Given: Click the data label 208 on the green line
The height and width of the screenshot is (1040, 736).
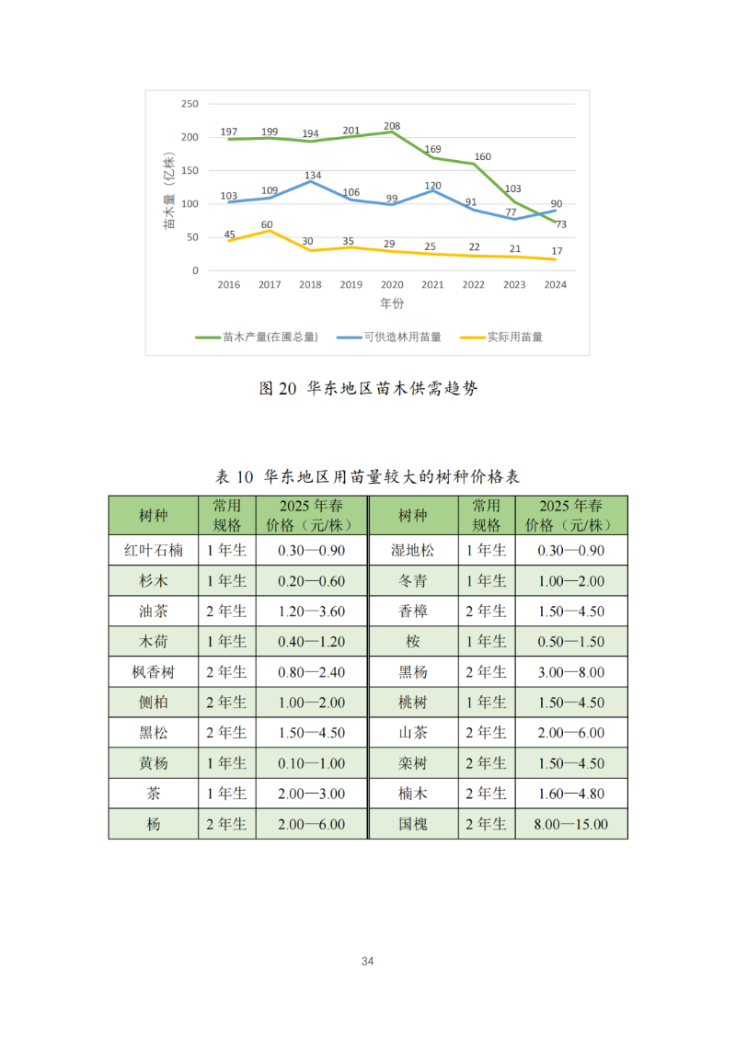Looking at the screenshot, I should point(392,125).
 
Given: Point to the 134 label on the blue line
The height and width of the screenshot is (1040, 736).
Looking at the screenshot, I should point(313,175).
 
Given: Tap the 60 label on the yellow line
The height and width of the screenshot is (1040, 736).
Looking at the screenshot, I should point(267,224).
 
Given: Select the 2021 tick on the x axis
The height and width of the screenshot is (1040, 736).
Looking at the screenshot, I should point(432,285).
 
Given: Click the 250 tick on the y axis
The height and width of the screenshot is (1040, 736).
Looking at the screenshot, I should point(190,104).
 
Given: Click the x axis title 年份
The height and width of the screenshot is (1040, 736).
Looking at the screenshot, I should point(392,303).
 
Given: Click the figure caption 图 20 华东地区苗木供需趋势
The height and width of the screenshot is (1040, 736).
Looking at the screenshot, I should point(369,389).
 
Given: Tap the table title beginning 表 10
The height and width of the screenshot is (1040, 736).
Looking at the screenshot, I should point(368,476).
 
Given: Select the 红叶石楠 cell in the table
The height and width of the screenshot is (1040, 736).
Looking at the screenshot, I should point(154,551).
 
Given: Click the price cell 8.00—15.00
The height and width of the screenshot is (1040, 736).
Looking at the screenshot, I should point(570,825).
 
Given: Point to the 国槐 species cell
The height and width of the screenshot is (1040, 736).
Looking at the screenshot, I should point(413,825).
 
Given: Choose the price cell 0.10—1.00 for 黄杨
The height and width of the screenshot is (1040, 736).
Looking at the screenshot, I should point(311,763).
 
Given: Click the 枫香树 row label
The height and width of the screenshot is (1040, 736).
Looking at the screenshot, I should point(154,672).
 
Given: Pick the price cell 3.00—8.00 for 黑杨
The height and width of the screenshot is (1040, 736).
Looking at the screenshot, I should point(570,672).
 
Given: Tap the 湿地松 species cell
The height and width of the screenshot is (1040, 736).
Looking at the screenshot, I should point(413,551).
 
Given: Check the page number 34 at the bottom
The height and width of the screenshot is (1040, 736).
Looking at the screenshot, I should point(368,962).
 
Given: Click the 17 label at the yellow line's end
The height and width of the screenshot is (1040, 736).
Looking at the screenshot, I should point(557,251).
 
